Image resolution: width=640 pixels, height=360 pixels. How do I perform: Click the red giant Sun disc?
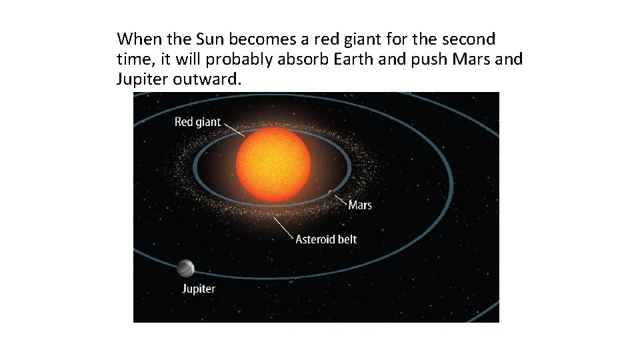click(273, 165)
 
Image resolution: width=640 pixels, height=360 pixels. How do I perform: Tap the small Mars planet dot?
click(331, 193)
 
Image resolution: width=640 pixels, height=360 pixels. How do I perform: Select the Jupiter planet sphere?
click(186, 268)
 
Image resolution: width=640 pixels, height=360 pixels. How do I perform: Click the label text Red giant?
click(197, 122)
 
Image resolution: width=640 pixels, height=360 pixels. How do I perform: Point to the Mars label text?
click(360, 205)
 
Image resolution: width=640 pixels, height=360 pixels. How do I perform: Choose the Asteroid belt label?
click(326, 239)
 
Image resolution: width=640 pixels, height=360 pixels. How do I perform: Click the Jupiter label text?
click(199, 289)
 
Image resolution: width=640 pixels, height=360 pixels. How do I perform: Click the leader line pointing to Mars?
click(340, 199)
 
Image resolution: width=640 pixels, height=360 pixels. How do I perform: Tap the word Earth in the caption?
click(349, 59)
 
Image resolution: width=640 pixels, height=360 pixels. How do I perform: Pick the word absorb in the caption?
click(302, 59)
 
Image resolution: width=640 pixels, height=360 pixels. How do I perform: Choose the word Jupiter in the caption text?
click(143, 79)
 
